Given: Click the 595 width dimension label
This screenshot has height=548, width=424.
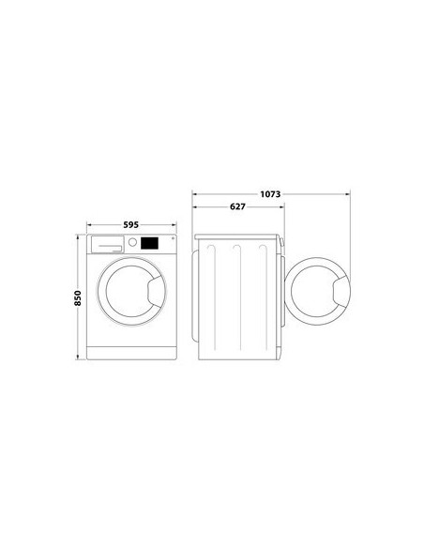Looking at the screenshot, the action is pyautogui.click(x=131, y=224).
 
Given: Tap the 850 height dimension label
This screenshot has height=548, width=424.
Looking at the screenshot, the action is pyautogui.click(x=78, y=298).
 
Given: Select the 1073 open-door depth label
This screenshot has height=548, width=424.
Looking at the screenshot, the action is pyautogui.click(x=270, y=194).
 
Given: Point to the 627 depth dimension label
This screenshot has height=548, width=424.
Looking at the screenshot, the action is pyautogui.click(x=238, y=206).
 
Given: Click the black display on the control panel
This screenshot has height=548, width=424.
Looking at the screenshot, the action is pyautogui.click(x=149, y=243).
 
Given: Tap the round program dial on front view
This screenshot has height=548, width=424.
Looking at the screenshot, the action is pyautogui.click(x=132, y=242).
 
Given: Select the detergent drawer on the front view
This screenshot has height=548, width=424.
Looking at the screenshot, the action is pyautogui.click(x=108, y=244).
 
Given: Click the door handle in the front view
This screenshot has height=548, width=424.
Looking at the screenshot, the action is pyautogui.click(x=157, y=291).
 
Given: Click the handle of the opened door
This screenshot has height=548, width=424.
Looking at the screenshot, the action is pyautogui.click(x=341, y=291).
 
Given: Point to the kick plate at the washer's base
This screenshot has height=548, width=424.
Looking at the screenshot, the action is pyautogui.click(x=131, y=353).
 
